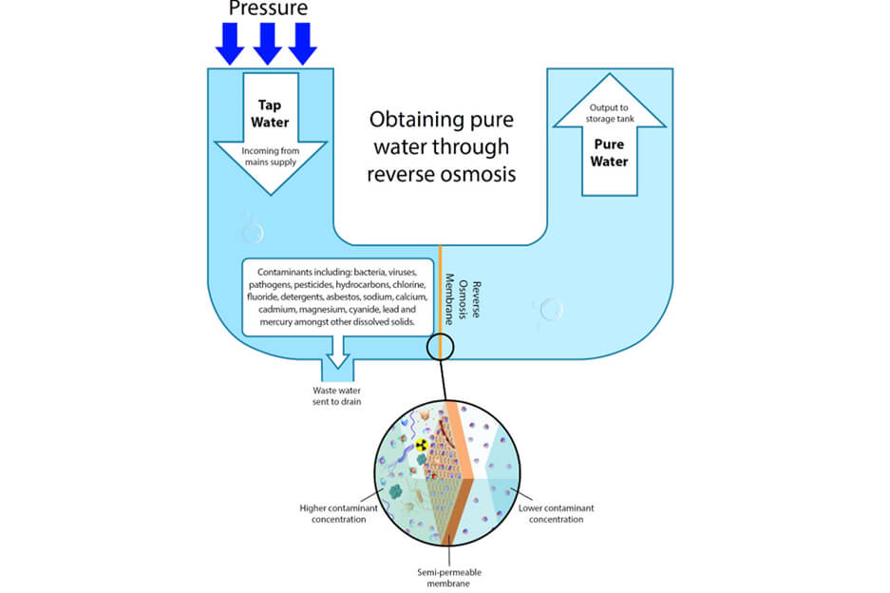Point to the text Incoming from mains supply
click(x=271, y=155)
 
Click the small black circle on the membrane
click(x=441, y=346)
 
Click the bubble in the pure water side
click(x=550, y=309)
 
